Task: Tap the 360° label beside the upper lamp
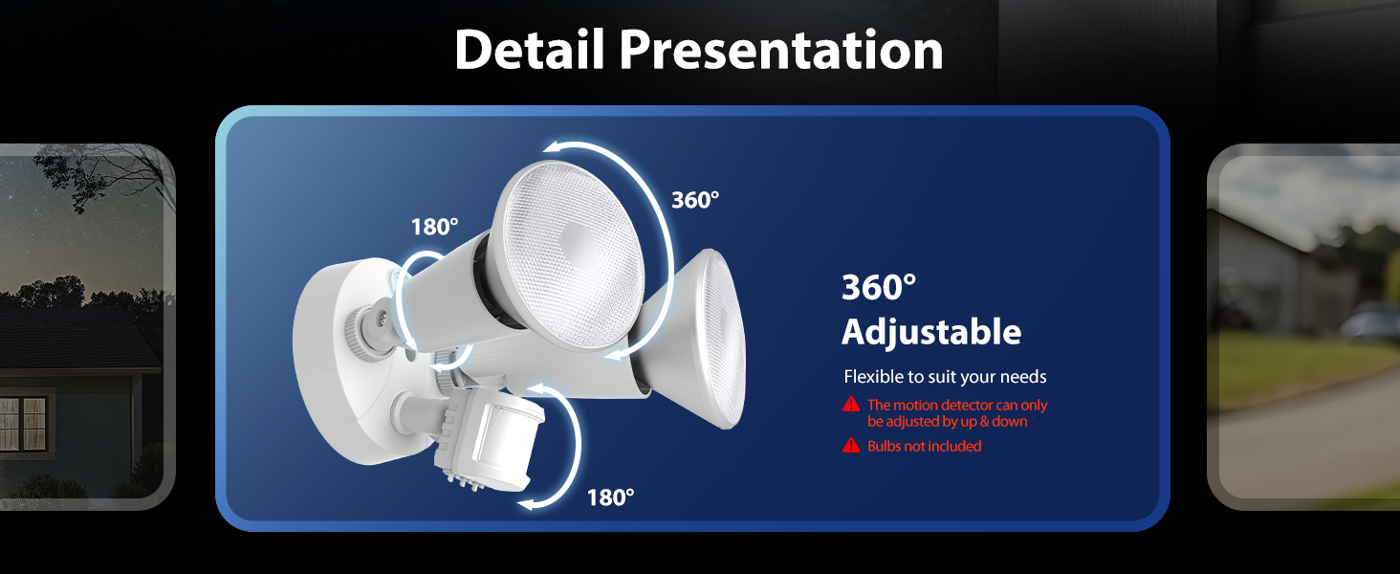(695, 200)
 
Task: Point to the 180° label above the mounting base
(435, 227)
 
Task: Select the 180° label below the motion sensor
(610, 497)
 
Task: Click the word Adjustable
(930, 332)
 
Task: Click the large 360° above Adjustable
(879, 287)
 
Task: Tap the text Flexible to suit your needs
(945, 377)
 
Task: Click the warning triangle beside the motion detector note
(851, 406)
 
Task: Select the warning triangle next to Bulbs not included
(851, 446)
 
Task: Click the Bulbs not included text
(924, 447)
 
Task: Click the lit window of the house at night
(23, 419)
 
